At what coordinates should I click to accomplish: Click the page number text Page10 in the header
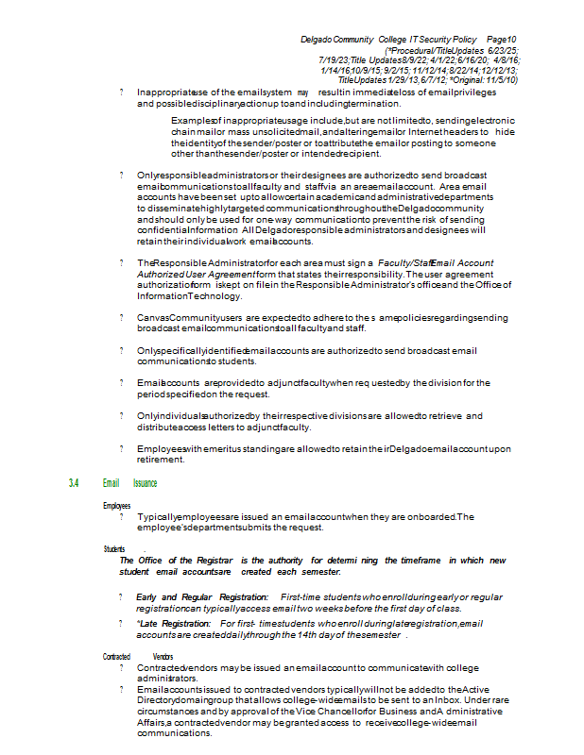502,39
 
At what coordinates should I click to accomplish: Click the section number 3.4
75,483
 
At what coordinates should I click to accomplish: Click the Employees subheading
117,506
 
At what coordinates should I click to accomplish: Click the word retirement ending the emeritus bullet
161,461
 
